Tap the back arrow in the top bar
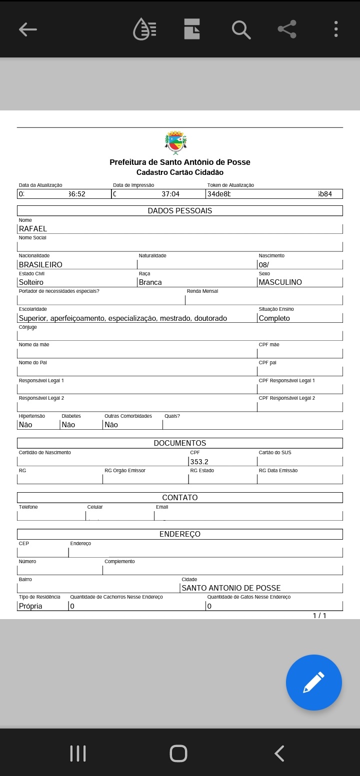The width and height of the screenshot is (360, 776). (28, 29)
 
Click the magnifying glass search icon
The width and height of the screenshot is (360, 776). (241, 29)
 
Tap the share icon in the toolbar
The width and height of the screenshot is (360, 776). (287, 29)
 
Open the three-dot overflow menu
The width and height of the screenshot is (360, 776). (336, 29)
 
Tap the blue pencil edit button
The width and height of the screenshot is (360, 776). (313, 683)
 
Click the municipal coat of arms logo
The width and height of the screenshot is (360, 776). (175, 142)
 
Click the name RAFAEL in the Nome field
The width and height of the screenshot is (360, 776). (33, 229)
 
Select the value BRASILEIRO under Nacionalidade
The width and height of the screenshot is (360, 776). (40, 265)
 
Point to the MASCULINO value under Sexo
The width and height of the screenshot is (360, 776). (280, 282)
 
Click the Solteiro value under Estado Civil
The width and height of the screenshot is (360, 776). (31, 282)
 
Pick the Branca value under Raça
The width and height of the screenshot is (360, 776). (150, 282)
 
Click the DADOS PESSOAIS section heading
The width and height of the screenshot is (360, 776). (180, 211)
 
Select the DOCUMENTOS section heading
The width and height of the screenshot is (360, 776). (180, 443)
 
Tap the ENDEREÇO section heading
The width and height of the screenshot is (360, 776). (180, 534)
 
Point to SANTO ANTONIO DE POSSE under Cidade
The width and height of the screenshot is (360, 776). (231, 588)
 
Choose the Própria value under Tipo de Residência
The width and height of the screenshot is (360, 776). (30, 606)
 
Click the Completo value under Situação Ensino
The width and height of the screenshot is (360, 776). (274, 318)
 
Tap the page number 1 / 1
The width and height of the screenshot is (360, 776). (319, 616)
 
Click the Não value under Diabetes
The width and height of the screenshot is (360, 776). (68, 425)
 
